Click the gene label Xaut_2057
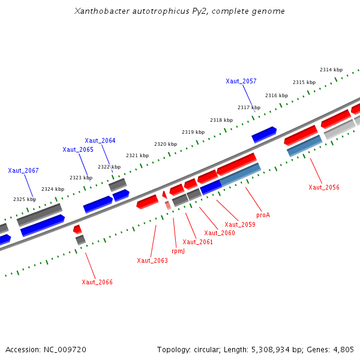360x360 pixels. pos(241,81)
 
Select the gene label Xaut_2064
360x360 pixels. pos(100,140)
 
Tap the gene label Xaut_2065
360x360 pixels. pos(78,149)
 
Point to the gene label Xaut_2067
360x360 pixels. pos(23,170)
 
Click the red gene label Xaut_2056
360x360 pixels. pos(324,187)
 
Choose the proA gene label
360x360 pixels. pos(263,214)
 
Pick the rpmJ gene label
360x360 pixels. pos(178,251)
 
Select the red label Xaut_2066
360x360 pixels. pos(97,282)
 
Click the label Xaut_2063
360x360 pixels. pos(152,260)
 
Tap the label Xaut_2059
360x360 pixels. pos(240,224)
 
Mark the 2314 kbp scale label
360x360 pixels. pos(331,70)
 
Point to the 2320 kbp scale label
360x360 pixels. pos(166,144)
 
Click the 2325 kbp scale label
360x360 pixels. pos(25,199)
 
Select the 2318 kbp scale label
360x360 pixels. pos(221,120)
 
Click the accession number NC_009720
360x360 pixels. pos(67,349)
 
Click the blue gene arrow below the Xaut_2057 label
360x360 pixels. pos(264,134)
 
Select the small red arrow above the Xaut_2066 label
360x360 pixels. pos(77,229)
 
